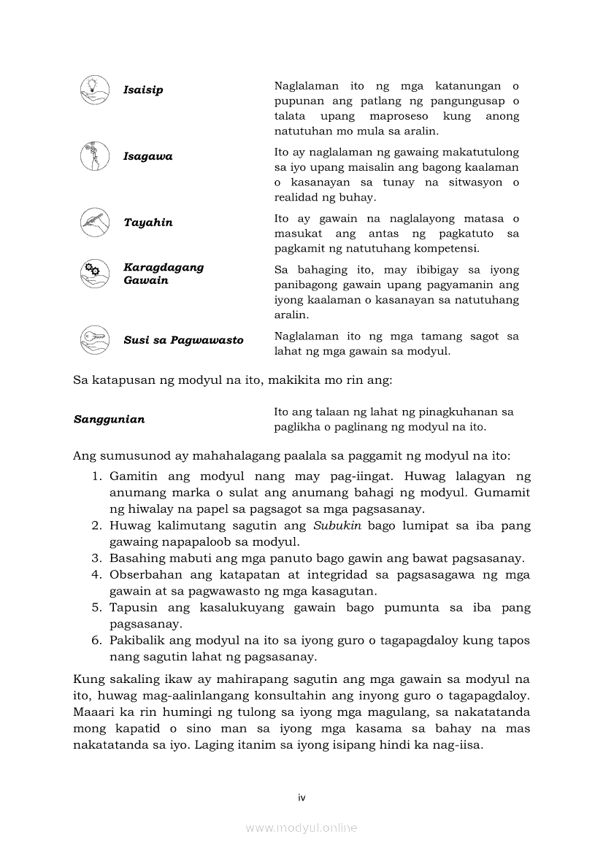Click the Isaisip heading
click(143, 90)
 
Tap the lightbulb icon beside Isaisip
click(94, 89)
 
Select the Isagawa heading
click(148, 156)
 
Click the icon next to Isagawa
click(94, 156)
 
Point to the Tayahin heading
click(148, 223)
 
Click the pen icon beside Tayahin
click(94, 223)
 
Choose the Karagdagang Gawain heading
click(164, 274)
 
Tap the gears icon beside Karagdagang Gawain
click(94, 274)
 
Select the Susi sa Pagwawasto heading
click(183, 340)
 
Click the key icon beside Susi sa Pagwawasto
click(94, 340)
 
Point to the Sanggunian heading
click(109, 419)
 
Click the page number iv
click(301, 798)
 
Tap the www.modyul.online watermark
click(301, 827)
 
